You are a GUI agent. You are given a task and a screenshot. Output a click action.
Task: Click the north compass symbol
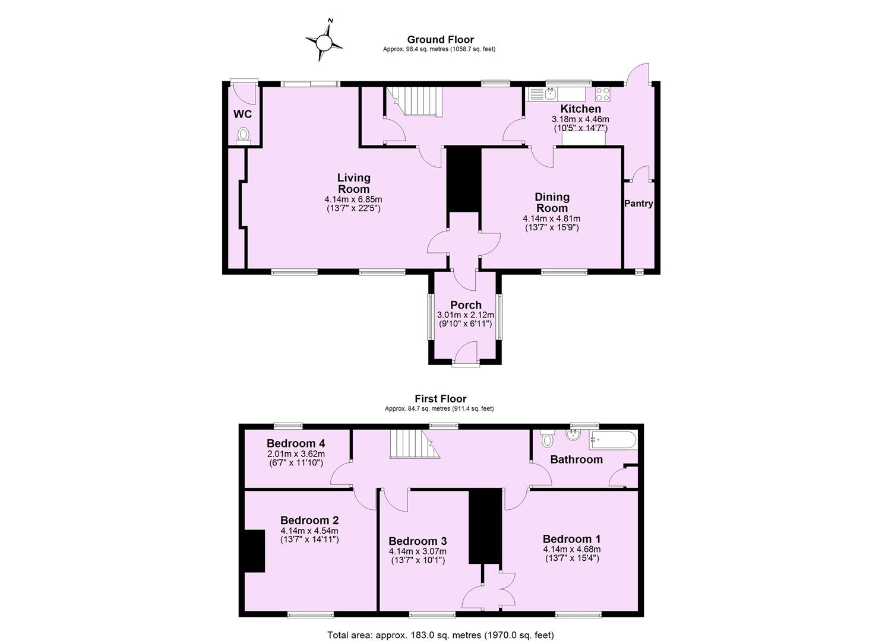pos(324,42)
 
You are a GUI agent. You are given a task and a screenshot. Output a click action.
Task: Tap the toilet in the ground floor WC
pos(243,135)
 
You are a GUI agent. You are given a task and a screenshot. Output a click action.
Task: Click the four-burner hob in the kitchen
pos(603,94)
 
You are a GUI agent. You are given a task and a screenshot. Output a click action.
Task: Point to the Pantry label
pos(638,204)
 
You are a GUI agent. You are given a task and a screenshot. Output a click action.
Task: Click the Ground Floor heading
pos(440,40)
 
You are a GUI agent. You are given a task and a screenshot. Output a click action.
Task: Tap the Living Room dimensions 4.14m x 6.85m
pos(353,199)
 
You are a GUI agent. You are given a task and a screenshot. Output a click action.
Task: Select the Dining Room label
pos(552,202)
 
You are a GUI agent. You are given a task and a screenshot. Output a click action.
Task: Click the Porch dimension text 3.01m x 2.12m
pos(466,315)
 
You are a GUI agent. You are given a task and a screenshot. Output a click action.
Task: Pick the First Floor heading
pos(440,399)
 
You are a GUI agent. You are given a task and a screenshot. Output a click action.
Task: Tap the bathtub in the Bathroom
pos(612,440)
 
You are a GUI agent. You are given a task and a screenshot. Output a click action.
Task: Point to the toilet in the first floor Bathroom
pos(546,440)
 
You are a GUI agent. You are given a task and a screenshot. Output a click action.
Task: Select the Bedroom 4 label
pos(295,443)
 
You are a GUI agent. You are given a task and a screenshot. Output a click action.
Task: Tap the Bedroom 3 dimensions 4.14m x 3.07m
pos(418,551)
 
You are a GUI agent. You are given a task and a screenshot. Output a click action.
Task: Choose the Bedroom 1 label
pos(571,539)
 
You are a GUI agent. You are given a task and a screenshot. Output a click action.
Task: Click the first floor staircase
pos(411,445)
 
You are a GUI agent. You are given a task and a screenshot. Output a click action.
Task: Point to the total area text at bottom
pos(440,634)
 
